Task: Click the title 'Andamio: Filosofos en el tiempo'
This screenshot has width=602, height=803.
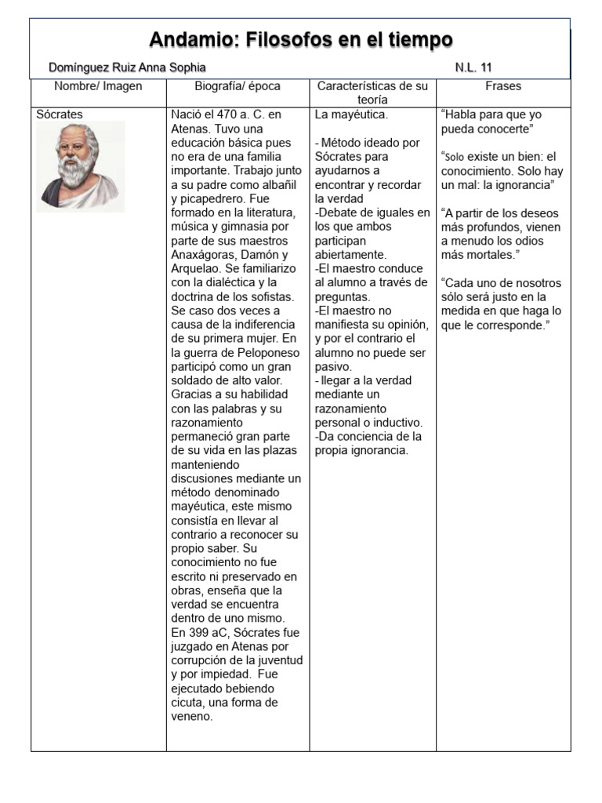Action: (x=301, y=39)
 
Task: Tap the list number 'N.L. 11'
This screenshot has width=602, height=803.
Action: (x=473, y=68)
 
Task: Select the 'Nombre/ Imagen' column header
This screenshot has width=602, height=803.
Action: (x=99, y=86)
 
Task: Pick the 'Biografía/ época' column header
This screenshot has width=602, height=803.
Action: (x=238, y=86)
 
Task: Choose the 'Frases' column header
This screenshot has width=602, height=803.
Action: (x=503, y=86)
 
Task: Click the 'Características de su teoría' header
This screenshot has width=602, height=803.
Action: (x=372, y=93)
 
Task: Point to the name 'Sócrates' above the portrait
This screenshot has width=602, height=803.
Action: (x=60, y=114)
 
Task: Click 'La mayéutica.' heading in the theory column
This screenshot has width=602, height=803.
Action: (x=351, y=114)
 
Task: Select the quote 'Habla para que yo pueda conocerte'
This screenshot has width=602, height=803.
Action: (x=491, y=122)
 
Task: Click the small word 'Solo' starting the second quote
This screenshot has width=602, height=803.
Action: (x=455, y=157)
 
